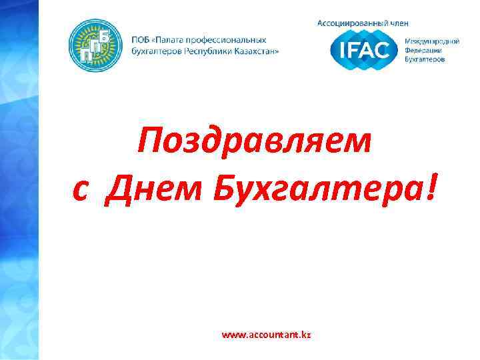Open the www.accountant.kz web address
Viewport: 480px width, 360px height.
point(267,334)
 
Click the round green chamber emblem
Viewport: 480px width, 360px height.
point(96,45)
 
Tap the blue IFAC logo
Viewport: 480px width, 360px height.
point(365,49)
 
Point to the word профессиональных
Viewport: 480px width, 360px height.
point(227,40)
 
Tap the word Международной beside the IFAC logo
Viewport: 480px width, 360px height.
point(433,41)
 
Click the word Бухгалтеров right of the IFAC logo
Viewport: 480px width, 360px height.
point(427,59)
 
